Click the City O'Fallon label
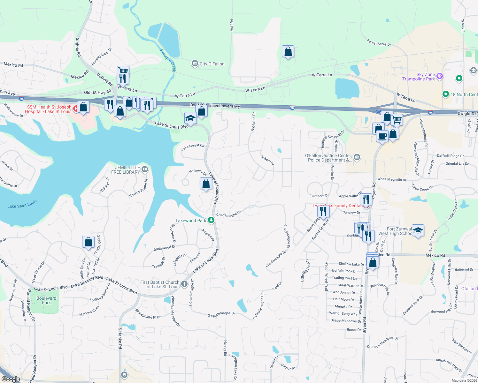tap(212, 64)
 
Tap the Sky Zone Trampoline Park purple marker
tap(440, 76)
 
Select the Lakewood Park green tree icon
tap(211, 220)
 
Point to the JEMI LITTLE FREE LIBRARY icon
tap(144, 169)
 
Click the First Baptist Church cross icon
tap(184, 284)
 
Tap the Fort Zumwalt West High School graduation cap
tap(418, 230)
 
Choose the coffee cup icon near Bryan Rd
tap(382, 136)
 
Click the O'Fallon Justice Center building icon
tap(357, 157)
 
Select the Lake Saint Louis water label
tap(22, 204)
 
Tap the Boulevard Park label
tap(46, 300)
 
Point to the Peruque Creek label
tap(168, 60)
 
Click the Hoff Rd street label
tap(232, 25)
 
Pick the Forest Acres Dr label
tap(379, 43)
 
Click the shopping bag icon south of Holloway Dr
tap(206, 184)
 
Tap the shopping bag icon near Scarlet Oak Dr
tap(89, 242)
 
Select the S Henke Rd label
tap(120, 338)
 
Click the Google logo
tap(11, 379)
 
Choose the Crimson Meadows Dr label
tap(382, 342)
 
